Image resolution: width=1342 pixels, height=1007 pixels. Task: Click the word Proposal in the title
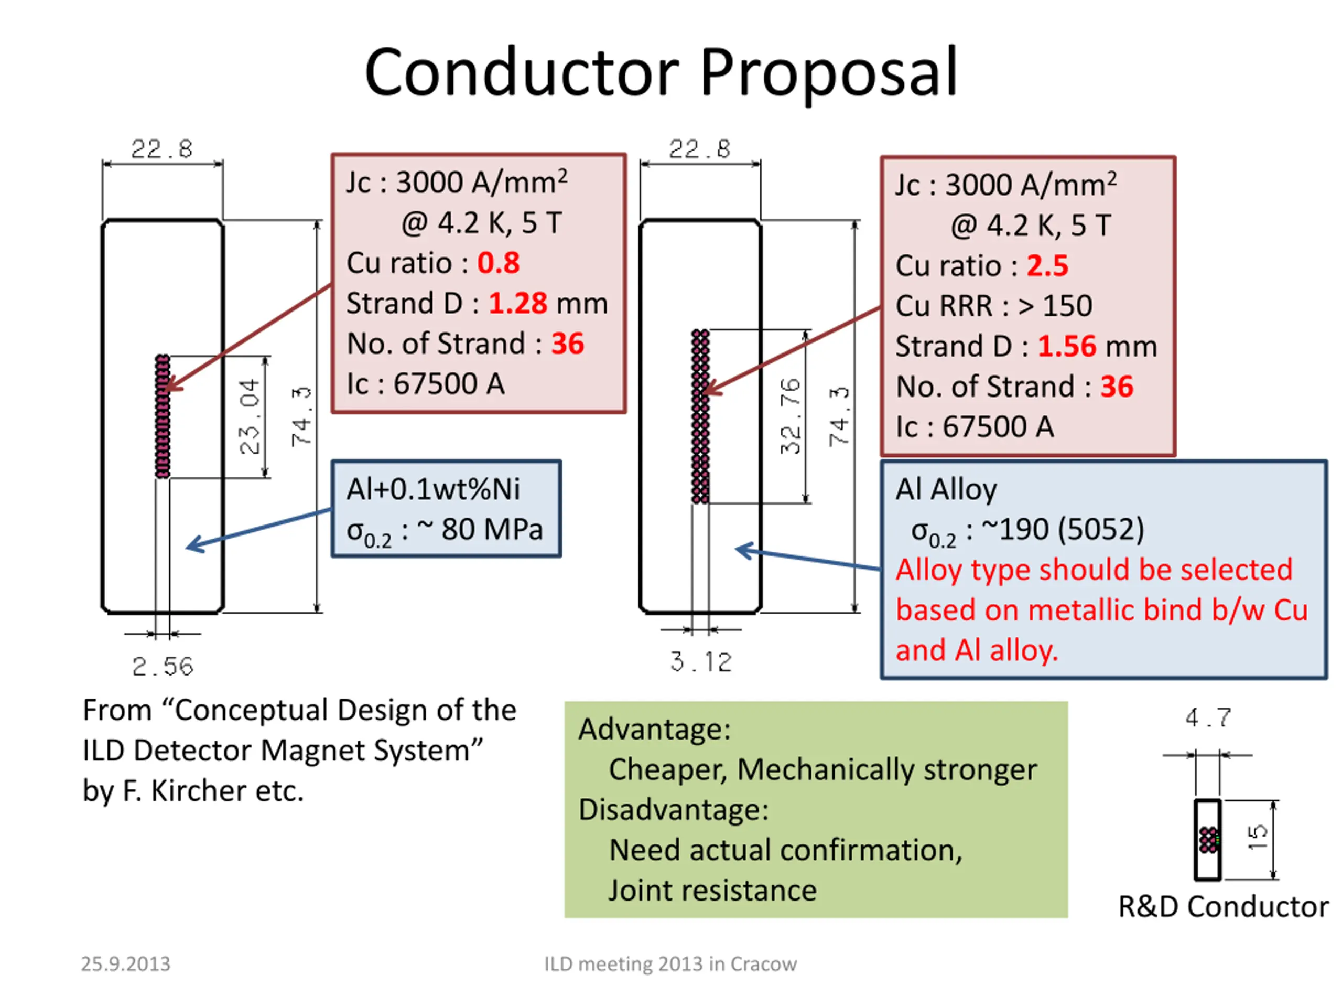(829, 73)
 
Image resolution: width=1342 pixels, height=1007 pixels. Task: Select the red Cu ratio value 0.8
(498, 263)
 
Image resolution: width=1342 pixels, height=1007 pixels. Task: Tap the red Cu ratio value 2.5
(1047, 266)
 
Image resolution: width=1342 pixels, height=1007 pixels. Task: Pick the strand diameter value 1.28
(517, 304)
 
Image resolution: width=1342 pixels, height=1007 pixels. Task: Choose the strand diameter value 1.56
(1067, 347)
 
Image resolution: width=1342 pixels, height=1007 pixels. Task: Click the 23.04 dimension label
(250, 416)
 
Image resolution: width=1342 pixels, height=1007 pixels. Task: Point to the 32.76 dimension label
(790, 416)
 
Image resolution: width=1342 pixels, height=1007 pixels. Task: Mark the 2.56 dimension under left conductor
(163, 667)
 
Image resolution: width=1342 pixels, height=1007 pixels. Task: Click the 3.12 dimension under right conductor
(701, 661)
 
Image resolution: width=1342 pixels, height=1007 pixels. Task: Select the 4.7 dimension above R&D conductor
(1208, 717)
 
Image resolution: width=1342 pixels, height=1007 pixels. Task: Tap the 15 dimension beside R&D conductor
(1258, 838)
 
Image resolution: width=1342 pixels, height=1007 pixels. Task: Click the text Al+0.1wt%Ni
(433, 489)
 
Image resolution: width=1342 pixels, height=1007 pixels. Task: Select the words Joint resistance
(713, 891)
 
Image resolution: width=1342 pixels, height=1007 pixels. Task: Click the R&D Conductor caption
(1222, 907)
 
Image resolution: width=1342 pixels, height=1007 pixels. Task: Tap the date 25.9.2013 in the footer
(126, 964)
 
